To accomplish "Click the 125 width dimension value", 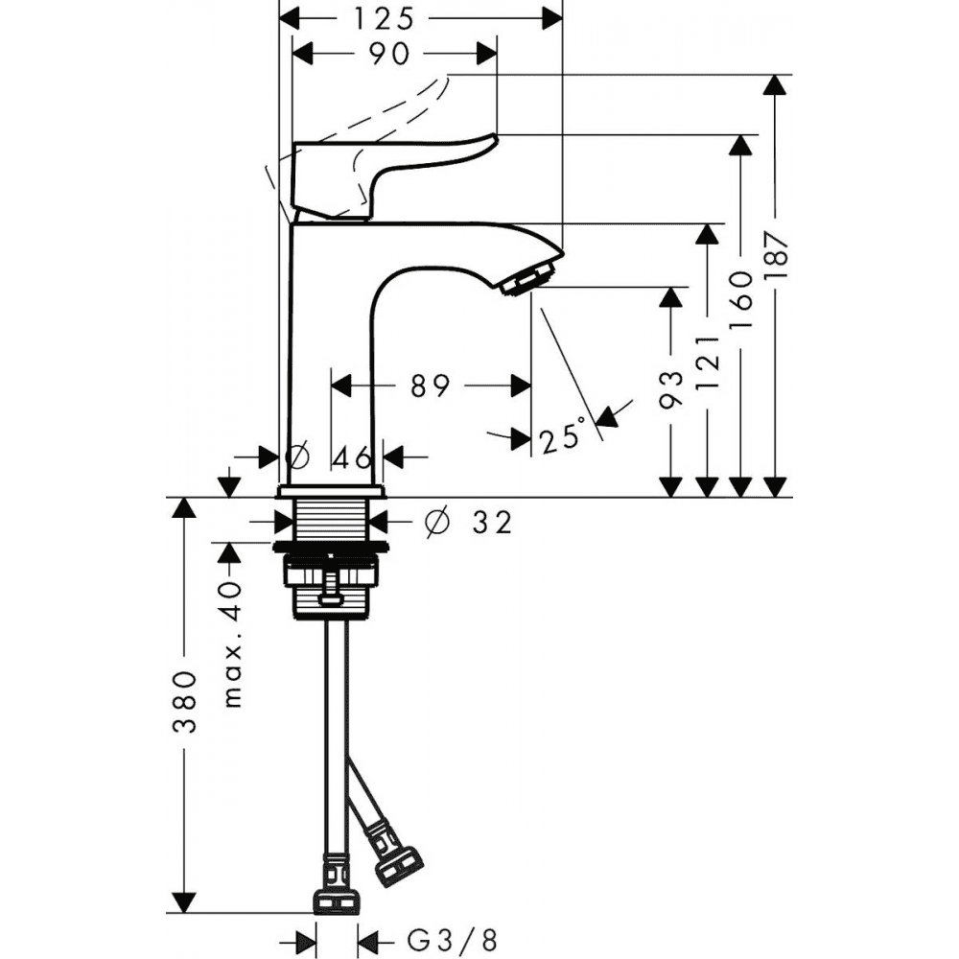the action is coord(384,19).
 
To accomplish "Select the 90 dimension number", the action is coord(389,54).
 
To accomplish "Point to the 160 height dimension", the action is coord(741,300).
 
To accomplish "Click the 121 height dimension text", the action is coord(709,363).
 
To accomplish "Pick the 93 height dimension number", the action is coord(671,390).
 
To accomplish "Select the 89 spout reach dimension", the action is coord(430,386).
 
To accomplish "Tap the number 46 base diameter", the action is coord(352,457).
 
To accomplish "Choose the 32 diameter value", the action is coord(491,522).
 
